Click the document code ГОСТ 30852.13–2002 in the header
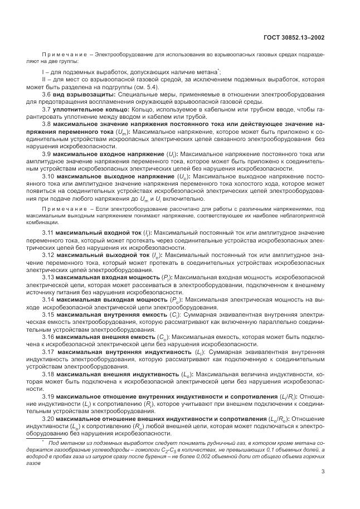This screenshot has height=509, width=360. coord(294,37)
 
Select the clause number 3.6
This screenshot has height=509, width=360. coord(47,95)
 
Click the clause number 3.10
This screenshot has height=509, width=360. coord(48,176)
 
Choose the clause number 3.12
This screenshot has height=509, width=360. coord(48,254)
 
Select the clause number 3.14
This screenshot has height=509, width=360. coord(48,299)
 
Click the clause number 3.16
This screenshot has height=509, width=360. coord(48,337)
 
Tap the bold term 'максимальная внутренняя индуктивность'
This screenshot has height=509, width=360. coord(123,352)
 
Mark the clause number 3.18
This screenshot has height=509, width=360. coord(48,374)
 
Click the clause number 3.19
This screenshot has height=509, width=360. coord(48,396)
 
